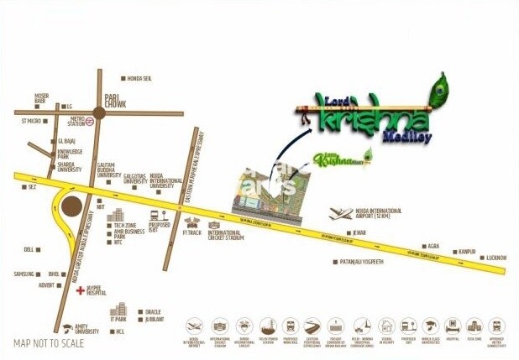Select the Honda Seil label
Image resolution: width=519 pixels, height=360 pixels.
139,78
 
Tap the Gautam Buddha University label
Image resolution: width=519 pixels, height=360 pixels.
105,170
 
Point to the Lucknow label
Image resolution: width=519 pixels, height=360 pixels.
496,258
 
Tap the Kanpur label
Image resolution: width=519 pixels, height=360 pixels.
467,251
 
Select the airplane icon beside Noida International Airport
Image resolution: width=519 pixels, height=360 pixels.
340,213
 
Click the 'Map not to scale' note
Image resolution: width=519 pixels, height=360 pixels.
49,343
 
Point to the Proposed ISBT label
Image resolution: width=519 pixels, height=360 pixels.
160,227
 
